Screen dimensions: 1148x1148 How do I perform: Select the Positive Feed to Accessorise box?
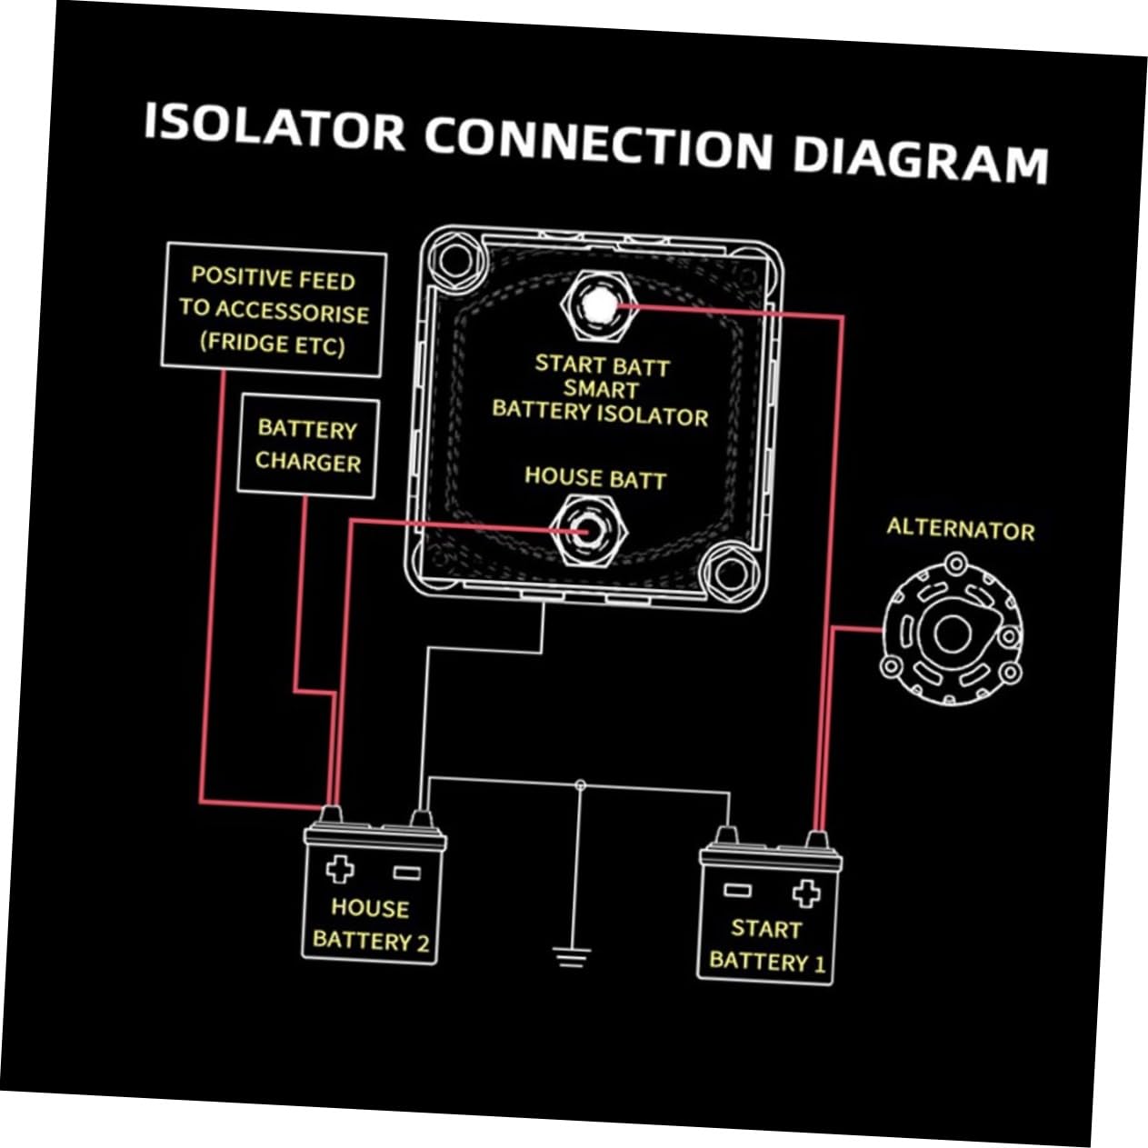(274, 311)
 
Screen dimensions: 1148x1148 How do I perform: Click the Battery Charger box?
(307, 446)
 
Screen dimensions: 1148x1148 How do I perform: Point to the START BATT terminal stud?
(595, 304)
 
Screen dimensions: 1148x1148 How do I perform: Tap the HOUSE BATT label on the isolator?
(595, 477)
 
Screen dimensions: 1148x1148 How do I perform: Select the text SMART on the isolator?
(600, 389)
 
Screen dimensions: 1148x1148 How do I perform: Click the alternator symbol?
(951, 634)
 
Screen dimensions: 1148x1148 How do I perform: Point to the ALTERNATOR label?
(960, 529)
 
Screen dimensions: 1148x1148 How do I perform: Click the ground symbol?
(571, 956)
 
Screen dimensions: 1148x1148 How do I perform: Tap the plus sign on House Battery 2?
(340, 869)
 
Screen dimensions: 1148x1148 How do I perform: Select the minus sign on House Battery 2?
(406, 873)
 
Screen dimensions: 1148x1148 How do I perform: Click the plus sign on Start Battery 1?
(805, 893)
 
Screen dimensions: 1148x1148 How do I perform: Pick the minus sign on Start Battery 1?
(737, 890)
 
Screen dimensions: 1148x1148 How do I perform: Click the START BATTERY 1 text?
(766, 945)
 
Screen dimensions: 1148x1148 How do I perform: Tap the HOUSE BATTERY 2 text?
(370, 923)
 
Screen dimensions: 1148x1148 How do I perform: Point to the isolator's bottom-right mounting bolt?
(729, 573)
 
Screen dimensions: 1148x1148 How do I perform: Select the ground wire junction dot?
(581, 784)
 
